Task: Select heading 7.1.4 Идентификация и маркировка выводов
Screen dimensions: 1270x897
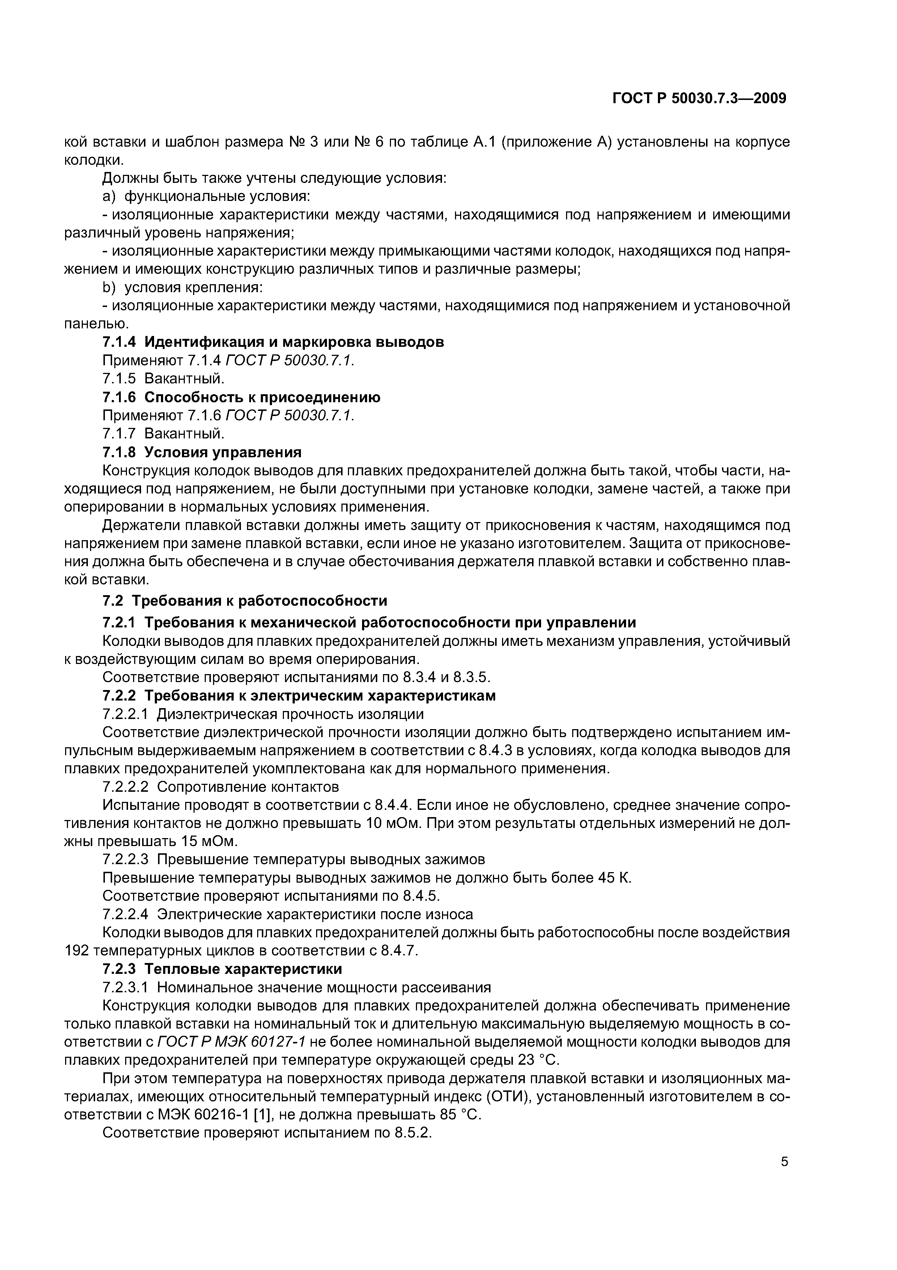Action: pos(273,342)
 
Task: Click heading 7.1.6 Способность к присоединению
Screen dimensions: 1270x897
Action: pos(242,397)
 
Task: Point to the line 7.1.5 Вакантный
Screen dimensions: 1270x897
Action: pos(163,379)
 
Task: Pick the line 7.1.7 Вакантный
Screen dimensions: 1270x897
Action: pos(163,433)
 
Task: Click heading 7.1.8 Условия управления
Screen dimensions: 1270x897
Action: pos(202,452)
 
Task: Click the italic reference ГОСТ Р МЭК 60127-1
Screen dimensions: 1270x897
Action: pos(231,1042)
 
